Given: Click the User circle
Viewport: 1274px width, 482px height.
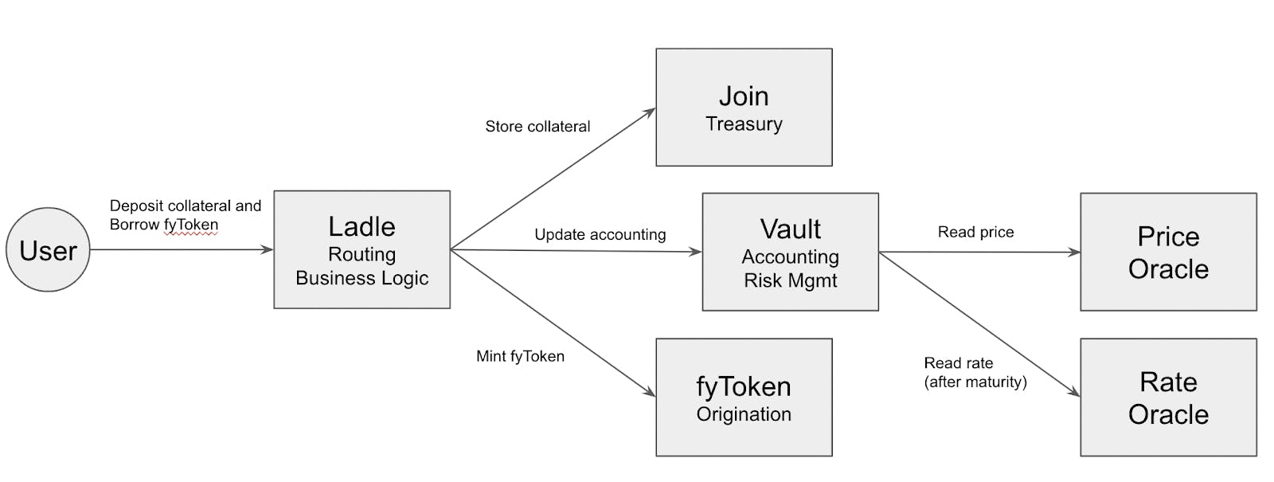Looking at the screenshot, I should (x=48, y=250).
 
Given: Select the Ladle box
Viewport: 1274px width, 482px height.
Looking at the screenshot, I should (x=361, y=249).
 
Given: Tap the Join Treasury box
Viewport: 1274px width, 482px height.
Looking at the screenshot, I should (x=744, y=108).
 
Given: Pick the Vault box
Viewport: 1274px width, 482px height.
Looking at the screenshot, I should (x=790, y=252).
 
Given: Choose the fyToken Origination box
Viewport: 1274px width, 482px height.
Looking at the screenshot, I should (x=744, y=398).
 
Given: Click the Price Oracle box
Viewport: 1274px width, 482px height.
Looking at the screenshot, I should (x=1168, y=252).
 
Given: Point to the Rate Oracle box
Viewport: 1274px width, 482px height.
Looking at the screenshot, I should (x=1168, y=398).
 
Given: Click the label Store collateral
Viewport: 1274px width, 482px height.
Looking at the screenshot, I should (x=537, y=127).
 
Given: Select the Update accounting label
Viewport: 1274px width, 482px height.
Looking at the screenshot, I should (x=600, y=234).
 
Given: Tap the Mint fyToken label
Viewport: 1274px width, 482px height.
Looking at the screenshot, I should (x=520, y=356).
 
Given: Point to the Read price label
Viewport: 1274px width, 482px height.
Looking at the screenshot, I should (x=975, y=232).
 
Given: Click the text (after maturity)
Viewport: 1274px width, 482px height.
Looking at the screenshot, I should (x=975, y=382).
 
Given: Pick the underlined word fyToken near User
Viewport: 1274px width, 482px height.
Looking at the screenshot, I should (x=191, y=225).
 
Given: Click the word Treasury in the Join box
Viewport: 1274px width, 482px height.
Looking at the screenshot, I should (x=744, y=124).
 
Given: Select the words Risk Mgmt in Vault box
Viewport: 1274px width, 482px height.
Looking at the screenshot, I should (x=790, y=280).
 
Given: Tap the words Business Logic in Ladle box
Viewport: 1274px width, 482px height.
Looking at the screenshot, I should (x=361, y=278).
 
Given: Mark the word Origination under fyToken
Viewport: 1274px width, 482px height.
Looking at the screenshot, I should (x=744, y=414).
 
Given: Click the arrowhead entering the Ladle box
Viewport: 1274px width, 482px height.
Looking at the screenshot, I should (x=268, y=250).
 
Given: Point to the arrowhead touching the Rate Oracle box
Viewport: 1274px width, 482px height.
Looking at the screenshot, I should (x=1074, y=392).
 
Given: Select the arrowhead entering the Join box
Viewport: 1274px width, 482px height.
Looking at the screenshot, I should (x=650, y=112).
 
